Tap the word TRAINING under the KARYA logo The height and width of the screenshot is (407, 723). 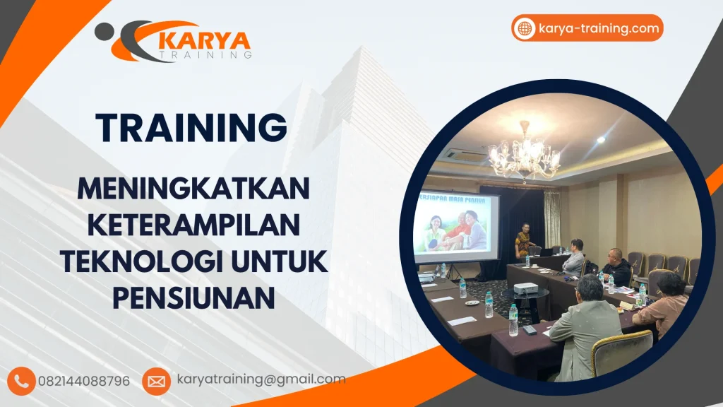click(x=205, y=54)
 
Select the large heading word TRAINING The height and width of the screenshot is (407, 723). click(x=191, y=128)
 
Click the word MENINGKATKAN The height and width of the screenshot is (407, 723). click(x=193, y=189)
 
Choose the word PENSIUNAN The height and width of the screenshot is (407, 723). click(x=193, y=299)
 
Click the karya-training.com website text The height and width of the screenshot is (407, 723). click(x=599, y=28)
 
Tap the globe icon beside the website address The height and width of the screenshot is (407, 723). click(x=525, y=28)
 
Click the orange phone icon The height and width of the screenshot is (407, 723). click(x=23, y=381)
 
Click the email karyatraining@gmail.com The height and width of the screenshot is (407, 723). click(x=261, y=379)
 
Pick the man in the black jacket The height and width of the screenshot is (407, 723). click(x=617, y=269)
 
